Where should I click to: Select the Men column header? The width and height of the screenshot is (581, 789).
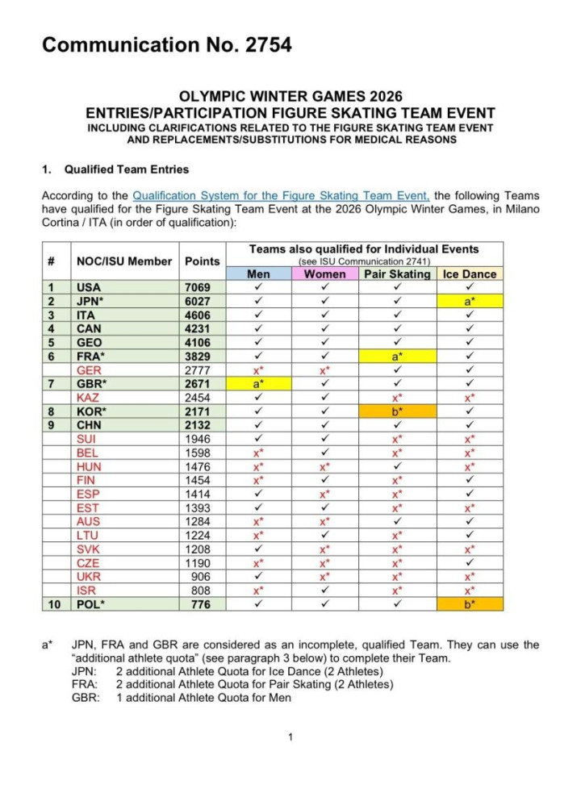click(258, 274)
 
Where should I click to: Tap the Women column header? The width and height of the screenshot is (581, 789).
click(325, 274)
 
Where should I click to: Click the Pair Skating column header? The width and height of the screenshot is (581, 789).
click(397, 274)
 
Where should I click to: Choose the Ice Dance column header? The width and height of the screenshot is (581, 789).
click(470, 274)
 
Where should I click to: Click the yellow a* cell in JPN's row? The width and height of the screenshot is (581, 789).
click(470, 301)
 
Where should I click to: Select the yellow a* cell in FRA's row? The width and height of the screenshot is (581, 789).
click(397, 356)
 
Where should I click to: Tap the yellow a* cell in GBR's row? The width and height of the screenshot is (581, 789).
click(258, 383)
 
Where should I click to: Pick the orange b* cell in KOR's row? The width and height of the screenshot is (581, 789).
click(397, 411)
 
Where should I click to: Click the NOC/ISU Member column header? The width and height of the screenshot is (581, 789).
click(123, 261)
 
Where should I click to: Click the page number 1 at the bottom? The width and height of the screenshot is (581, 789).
click(290, 737)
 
